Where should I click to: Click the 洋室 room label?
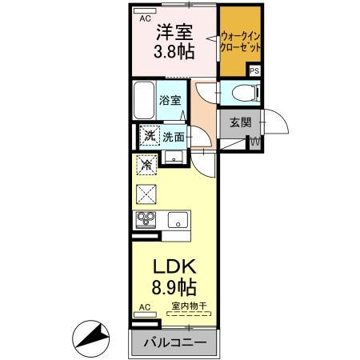tap(174, 34)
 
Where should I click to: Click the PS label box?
tap(254, 71)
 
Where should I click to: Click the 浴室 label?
tap(169, 102)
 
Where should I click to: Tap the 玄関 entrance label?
tap(240, 122)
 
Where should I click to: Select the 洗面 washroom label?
tap(174, 137)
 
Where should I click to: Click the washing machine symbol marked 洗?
tap(149, 137)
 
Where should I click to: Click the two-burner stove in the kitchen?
tap(146, 219)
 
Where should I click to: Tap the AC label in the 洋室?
tap(145, 16)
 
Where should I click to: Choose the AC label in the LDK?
tap(145, 307)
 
